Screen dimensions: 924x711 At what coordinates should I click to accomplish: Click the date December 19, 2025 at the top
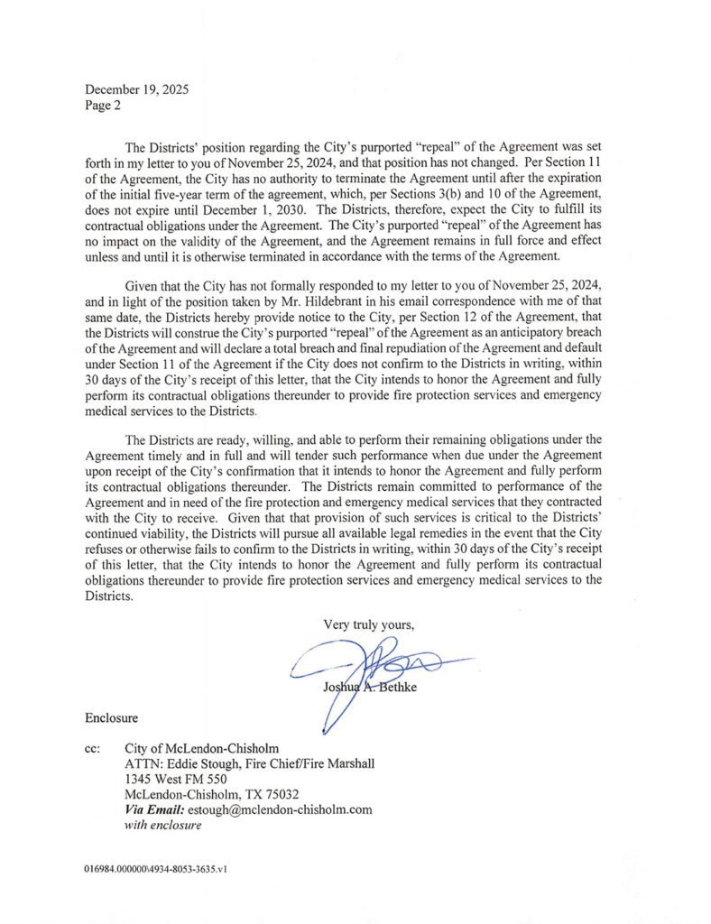click(136, 89)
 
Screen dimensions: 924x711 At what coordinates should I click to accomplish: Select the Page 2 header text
click(102, 105)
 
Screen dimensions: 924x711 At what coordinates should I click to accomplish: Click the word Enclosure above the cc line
click(111, 718)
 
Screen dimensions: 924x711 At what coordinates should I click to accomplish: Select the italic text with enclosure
click(162, 825)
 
